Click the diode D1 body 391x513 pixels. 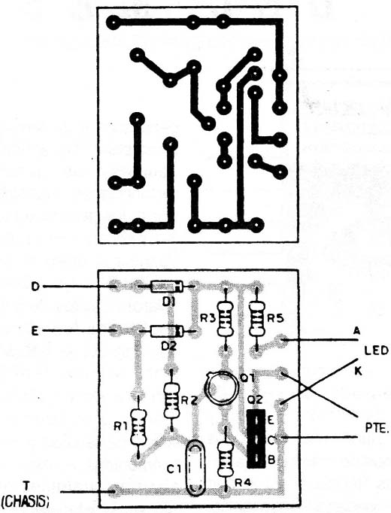pos(166,287)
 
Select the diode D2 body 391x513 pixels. pos(166,331)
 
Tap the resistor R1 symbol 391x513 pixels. pos(138,426)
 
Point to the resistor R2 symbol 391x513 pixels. pos(171,400)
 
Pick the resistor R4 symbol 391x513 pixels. pos(226,459)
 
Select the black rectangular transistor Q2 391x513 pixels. pos(256,439)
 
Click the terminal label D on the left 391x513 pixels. pos(35,287)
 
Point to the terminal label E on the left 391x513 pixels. pos(35,331)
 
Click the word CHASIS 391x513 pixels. pos(26,500)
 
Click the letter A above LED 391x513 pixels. pos(356,331)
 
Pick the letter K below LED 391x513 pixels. pos(358,372)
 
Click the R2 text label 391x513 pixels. pos(189,400)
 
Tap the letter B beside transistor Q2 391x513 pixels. pos(271,460)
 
